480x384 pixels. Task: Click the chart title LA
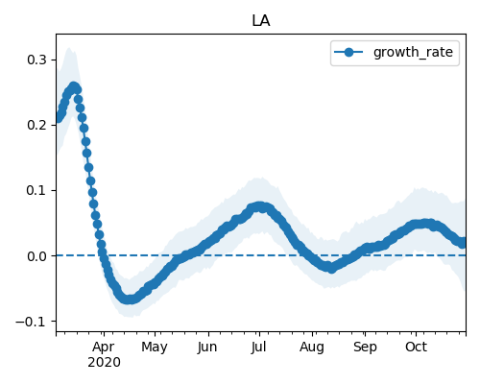(261, 21)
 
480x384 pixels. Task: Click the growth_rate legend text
(413, 52)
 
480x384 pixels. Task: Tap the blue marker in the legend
(348, 52)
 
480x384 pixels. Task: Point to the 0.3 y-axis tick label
(37, 60)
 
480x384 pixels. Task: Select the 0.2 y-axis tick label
(37, 125)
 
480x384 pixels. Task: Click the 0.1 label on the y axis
(37, 190)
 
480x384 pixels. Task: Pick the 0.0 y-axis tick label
(37, 256)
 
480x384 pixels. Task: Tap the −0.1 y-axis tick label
(32, 322)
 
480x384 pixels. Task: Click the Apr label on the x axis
(104, 347)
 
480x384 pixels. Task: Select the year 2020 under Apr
(104, 362)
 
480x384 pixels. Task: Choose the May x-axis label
(155, 347)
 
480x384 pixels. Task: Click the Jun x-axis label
(207, 347)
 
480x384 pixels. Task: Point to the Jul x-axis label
(258, 347)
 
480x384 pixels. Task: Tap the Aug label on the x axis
(312, 347)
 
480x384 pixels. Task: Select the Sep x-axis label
(365, 347)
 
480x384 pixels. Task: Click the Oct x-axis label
(416, 347)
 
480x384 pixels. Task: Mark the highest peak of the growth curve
(74, 86)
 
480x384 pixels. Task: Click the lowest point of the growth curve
(129, 300)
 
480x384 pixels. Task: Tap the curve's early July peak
(260, 206)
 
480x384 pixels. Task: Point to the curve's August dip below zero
(331, 268)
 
